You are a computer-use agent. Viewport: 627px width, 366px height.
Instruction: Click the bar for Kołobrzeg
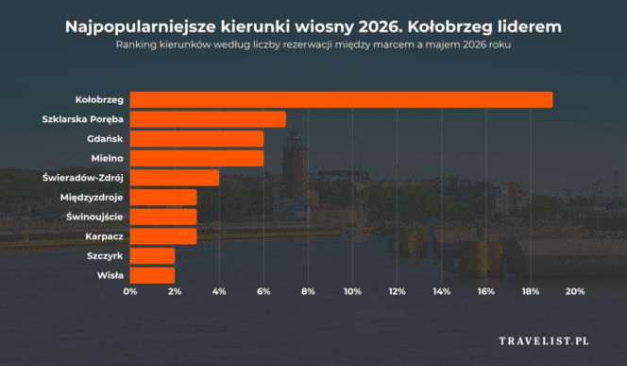click(x=341, y=99)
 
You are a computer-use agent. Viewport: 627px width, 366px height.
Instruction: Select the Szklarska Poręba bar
click(x=208, y=119)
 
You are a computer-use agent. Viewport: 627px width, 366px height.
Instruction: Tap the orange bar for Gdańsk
click(x=196, y=139)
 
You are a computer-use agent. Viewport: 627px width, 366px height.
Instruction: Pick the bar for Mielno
click(x=196, y=158)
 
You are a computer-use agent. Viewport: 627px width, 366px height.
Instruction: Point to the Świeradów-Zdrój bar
click(x=175, y=178)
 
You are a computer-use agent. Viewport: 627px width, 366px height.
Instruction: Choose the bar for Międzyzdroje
click(x=163, y=197)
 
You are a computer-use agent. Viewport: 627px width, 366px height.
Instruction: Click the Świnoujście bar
click(x=163, y=217)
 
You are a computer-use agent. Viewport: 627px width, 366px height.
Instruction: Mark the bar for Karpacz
click(x=163, y=235)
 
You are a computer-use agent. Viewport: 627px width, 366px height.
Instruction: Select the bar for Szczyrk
click(x=152, y=255)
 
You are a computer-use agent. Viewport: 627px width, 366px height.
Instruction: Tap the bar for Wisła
click(x=152, y=275)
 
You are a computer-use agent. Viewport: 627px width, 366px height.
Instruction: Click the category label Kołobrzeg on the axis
click(x=98, y=99)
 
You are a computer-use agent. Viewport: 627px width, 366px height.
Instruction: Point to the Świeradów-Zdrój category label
click(x=83, y=178)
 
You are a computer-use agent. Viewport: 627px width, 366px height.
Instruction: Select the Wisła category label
click(x=110, y=275)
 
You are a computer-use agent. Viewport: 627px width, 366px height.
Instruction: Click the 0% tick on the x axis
click(x=130, y=292)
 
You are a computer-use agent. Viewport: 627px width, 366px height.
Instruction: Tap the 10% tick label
click(x=352, y=292)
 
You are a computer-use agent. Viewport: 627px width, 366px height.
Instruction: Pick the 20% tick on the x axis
click(x=574, y=292)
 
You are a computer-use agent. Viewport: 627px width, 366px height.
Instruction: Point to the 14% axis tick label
click(x=441, y=292)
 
